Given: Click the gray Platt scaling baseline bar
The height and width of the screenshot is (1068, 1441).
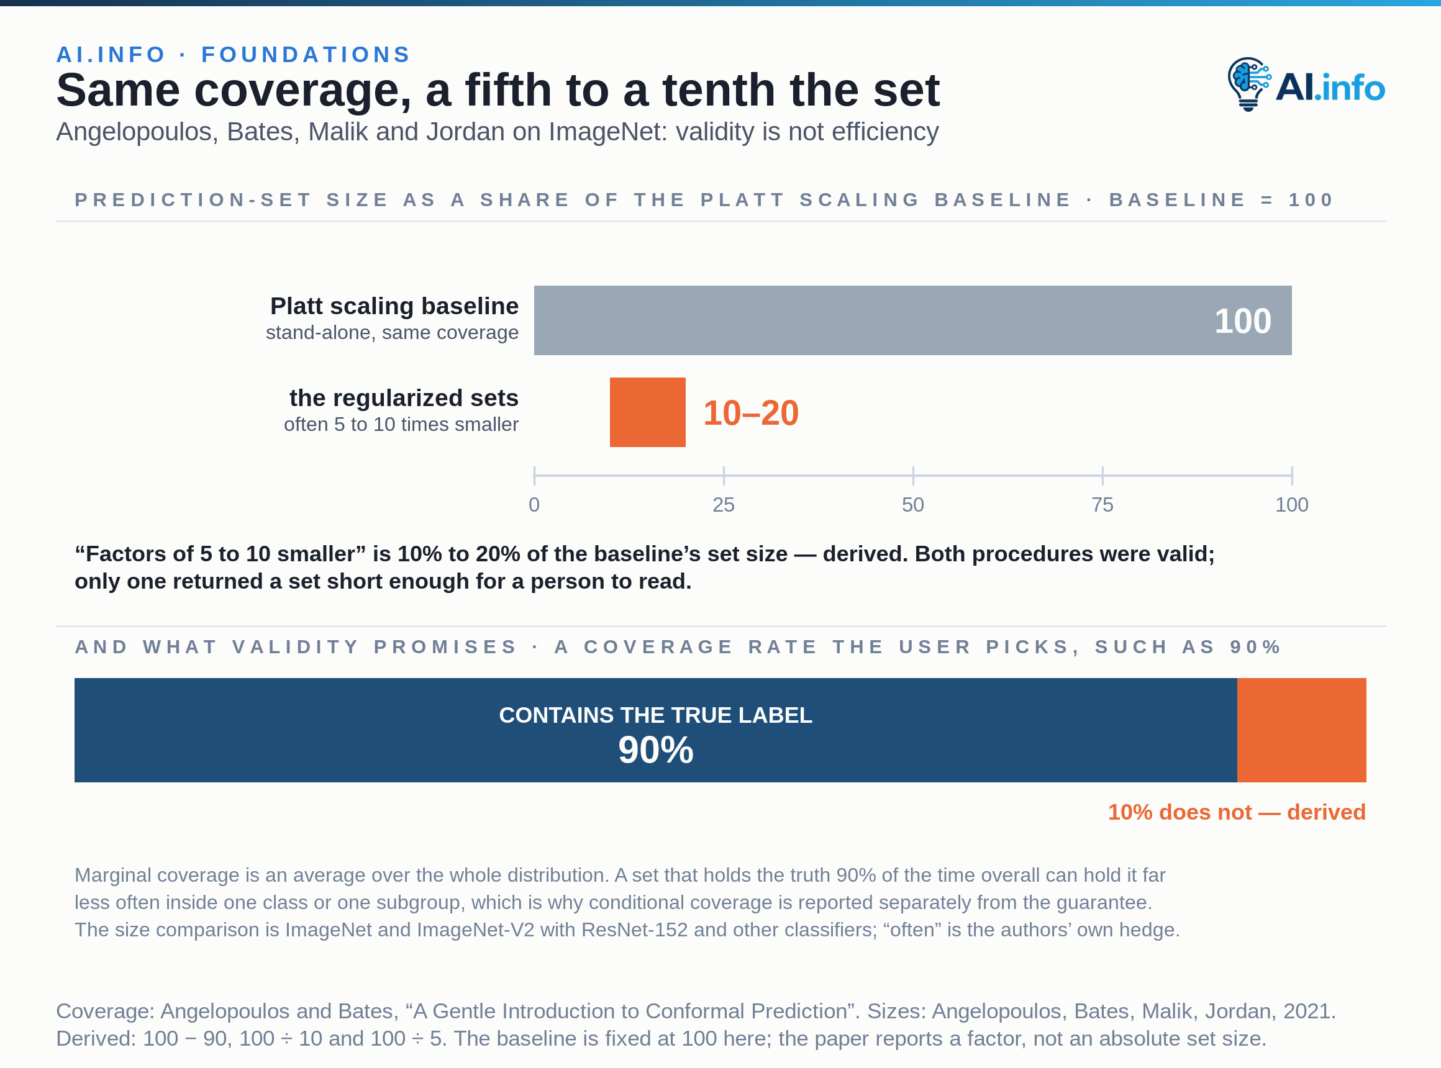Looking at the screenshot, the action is pos(912,320).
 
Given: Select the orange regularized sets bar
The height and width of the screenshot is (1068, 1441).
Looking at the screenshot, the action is pos(647,412).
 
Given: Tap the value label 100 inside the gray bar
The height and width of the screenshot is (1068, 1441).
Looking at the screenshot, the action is pos(1242,320).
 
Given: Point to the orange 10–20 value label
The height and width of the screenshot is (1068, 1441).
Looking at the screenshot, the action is pos(751,413).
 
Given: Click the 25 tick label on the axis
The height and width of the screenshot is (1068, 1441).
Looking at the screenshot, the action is pos(723,505).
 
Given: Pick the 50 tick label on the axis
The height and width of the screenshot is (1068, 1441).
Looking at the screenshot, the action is pos(912,505).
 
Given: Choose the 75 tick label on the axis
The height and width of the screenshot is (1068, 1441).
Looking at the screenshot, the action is pos(1102,505).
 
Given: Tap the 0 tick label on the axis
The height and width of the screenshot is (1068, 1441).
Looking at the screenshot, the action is pos(534,505).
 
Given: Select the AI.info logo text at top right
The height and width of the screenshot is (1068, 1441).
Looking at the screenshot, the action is pos(1330,88).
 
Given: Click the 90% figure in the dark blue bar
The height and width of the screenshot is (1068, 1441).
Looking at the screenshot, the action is pos(656,750).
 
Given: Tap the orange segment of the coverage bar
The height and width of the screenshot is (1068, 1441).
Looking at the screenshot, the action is pos(1301,730).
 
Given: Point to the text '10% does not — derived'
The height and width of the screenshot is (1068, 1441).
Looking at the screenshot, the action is pos(1237,812).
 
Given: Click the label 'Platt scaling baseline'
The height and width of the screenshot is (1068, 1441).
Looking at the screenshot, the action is pos(394,305).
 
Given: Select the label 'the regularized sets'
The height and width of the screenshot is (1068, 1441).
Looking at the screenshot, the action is pos(404,398).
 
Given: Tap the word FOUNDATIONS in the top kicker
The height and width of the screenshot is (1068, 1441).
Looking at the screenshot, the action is pos(307,54).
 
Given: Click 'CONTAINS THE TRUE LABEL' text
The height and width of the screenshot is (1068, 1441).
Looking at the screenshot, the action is pos(656,715).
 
